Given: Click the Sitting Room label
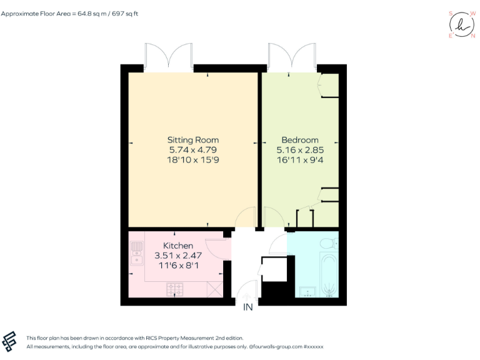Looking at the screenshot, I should [x=192, y=140].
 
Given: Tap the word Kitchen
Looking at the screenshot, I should [x=178, y=246].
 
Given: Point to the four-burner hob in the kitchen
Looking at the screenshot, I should [x=175, y=289].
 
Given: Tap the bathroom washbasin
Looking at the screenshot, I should [x=307, y=291].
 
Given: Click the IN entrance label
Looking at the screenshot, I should [x=248, y=307].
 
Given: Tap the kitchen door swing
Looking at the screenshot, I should [x=216, y=249].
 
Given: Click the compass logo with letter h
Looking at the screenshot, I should [x=462, y=24].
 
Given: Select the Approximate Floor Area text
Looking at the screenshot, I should [x=69, y=13].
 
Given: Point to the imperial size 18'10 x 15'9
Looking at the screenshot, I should [x=192, y=160].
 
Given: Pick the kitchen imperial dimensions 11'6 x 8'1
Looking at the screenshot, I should [x=178, y=266].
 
